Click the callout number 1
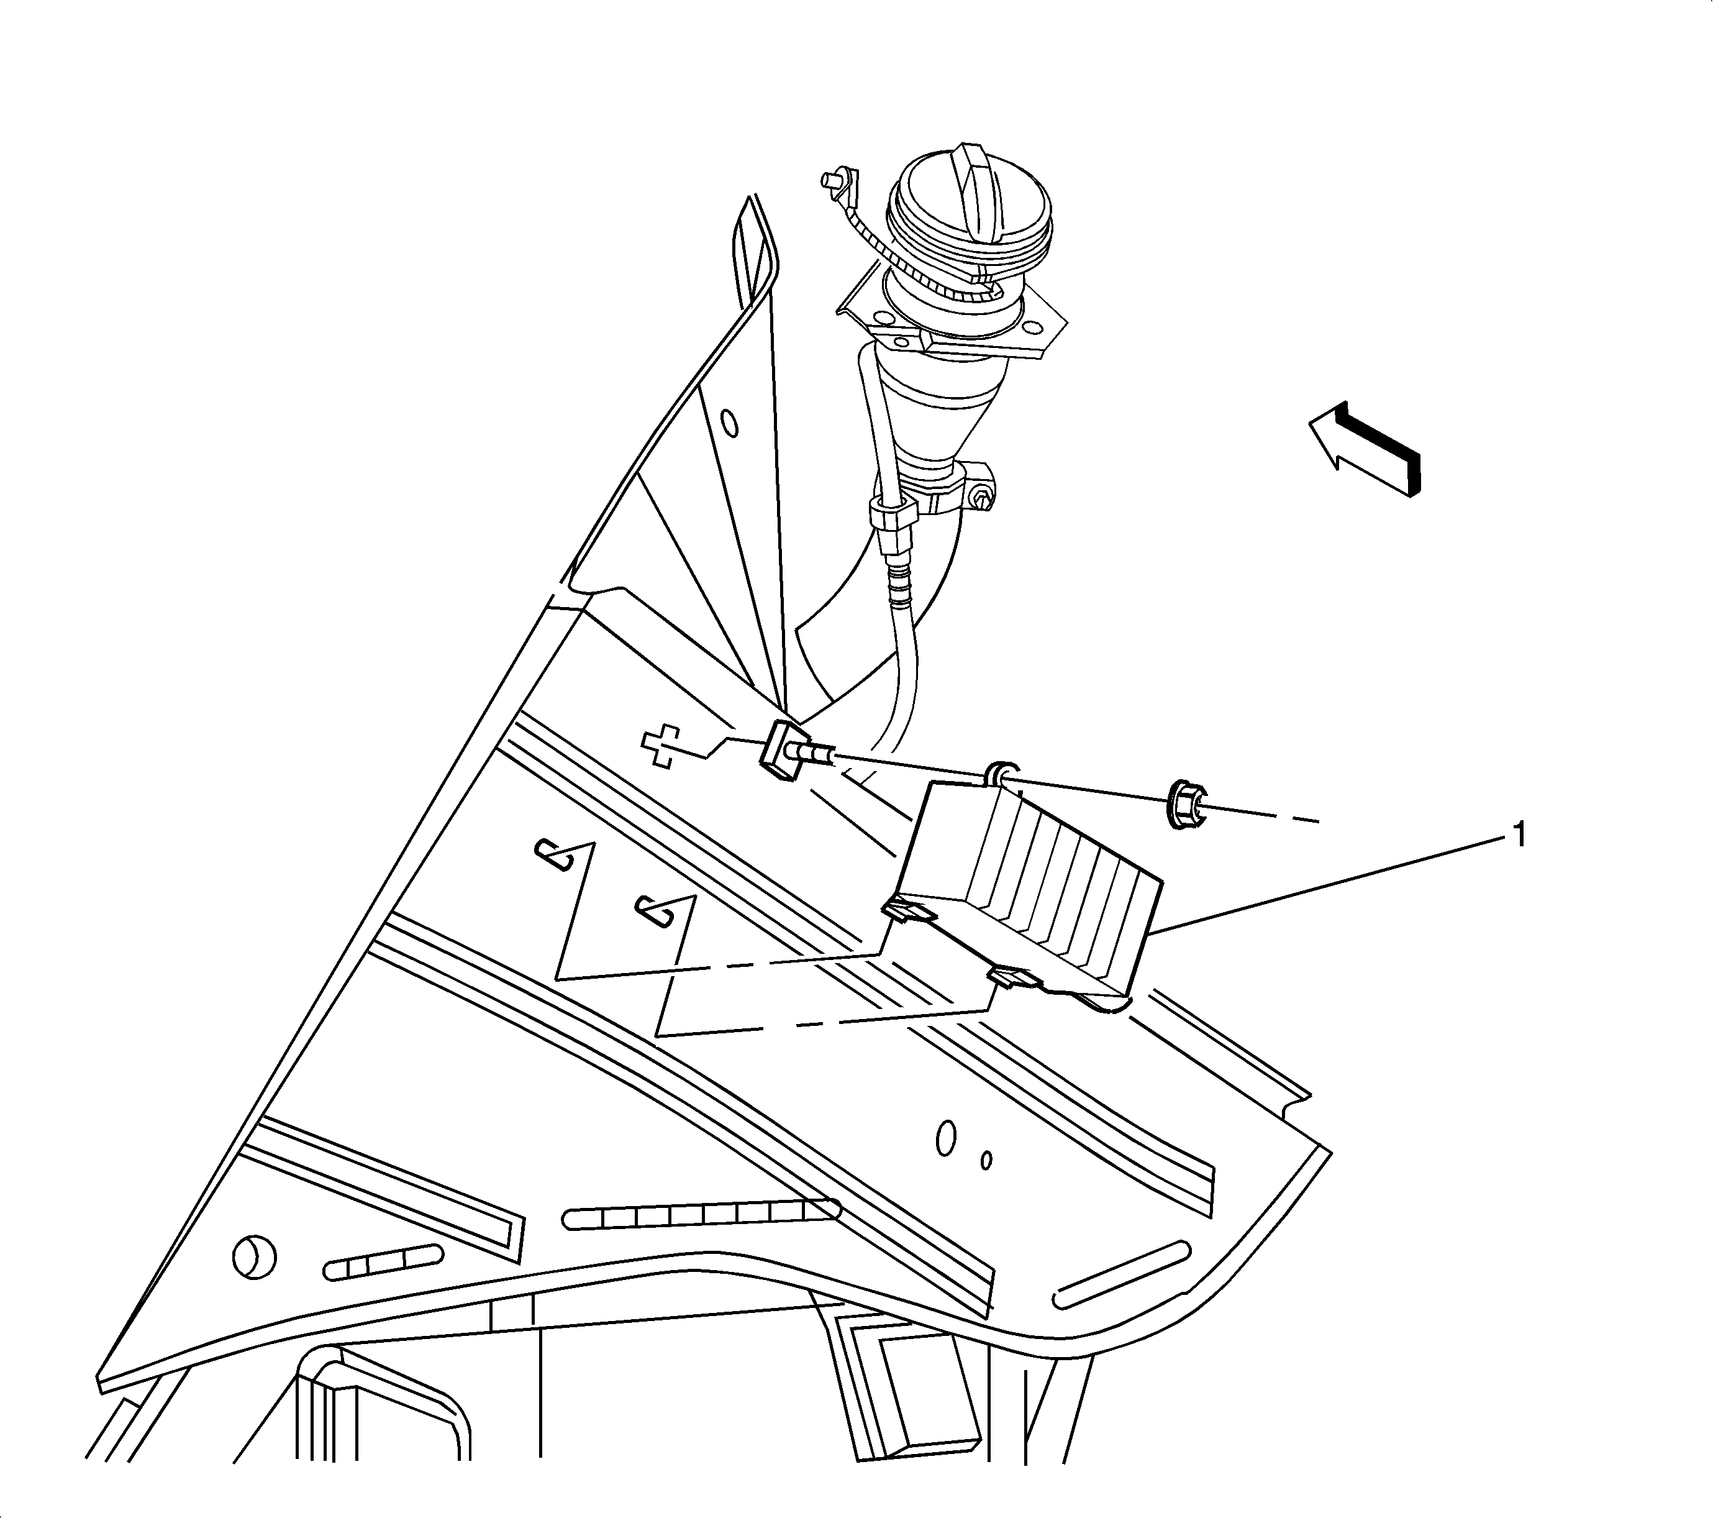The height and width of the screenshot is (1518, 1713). tap(1517, 836)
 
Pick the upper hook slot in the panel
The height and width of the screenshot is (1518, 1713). tap(555, 855)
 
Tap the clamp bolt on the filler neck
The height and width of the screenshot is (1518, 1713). tap(981, 501)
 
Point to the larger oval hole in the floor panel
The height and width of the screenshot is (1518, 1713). tap(946, 1138)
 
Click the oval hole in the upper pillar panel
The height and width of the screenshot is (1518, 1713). tap(730, 423)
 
